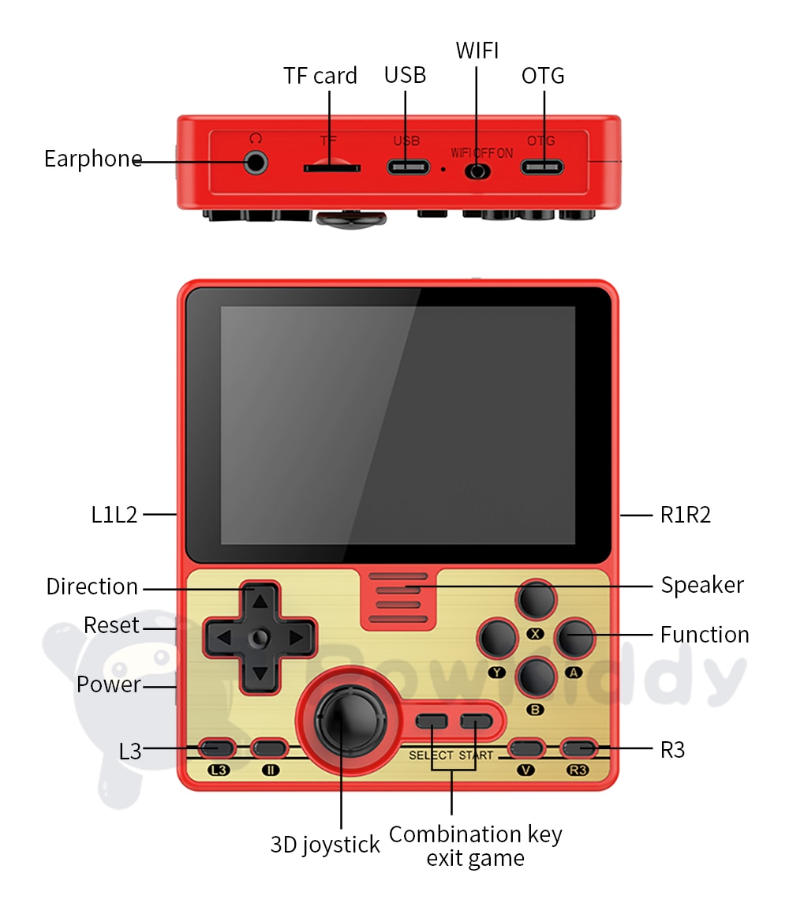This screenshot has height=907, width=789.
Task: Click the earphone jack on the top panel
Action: click(x=255, y=163)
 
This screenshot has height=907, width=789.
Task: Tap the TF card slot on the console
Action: click(x=332, y=168)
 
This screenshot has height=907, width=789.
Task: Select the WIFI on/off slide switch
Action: click(x=477, y=171)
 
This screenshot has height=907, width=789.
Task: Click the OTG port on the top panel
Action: click(x=543, y=167)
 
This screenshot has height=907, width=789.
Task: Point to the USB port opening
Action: click(x=407, y=167)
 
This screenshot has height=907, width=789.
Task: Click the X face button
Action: click(x=537, y=602)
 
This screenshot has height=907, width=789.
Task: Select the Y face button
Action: click(x=499, y=639)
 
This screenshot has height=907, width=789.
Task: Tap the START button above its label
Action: click(x=476, y=721)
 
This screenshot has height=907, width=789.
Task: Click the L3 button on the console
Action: click(x=216, y=748)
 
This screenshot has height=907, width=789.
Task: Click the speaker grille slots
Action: click(x=398, y=598)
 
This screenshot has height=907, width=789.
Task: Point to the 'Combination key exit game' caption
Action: click(x=475, y=845)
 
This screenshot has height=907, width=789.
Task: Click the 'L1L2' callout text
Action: click(x=114, y=515)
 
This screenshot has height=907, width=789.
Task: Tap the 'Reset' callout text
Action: click(x=111, y=625)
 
